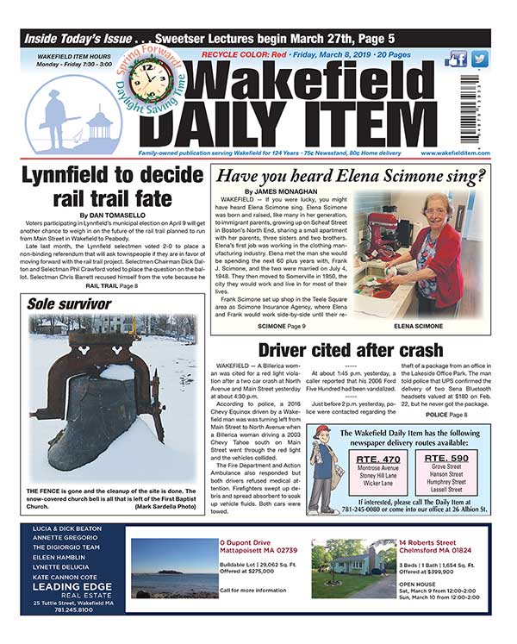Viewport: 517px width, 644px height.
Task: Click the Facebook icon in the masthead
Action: (x=458, y=59)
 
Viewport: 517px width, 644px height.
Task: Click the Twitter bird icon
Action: (x=479, y=59)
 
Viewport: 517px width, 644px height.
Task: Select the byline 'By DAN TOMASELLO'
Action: (x=108, y=215)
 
